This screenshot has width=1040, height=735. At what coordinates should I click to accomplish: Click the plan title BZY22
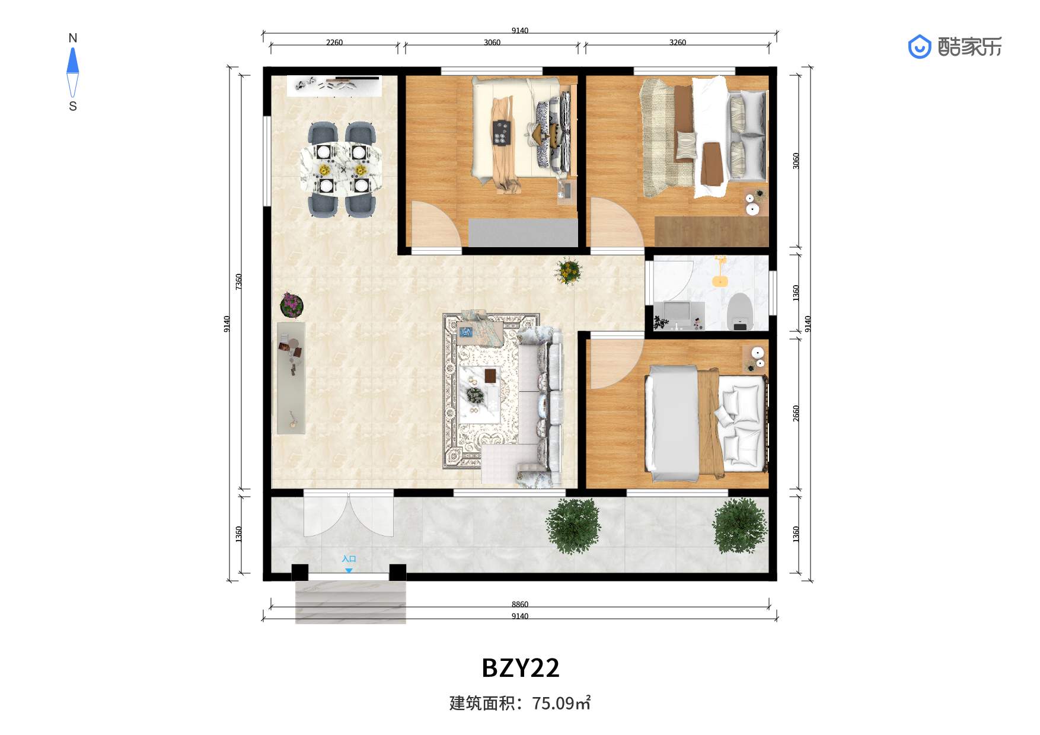click(520, 668)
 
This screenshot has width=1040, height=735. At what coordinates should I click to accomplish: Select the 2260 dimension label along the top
click(334, 42)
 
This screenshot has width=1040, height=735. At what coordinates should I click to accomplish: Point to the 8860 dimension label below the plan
click(520, 604)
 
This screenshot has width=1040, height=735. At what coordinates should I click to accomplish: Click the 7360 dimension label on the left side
click(238, 282)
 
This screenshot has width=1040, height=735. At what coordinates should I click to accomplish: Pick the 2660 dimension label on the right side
click(796, 414)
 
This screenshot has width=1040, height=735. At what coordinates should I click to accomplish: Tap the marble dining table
click(342, 168)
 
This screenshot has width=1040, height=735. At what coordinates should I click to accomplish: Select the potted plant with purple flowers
click(291, 305)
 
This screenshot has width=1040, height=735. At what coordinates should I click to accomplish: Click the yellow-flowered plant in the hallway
click(569, 271)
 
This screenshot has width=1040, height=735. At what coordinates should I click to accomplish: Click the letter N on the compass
click(73, 38)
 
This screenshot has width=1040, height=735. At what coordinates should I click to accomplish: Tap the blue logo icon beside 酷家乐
click(920, 47)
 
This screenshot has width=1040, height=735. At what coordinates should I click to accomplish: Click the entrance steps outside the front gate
click(350, 602)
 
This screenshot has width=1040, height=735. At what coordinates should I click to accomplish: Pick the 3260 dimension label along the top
click(678, 42)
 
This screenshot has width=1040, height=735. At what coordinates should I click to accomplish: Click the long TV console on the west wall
click(291, 378)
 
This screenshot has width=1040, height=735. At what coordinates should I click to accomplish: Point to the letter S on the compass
click(73, 106)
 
